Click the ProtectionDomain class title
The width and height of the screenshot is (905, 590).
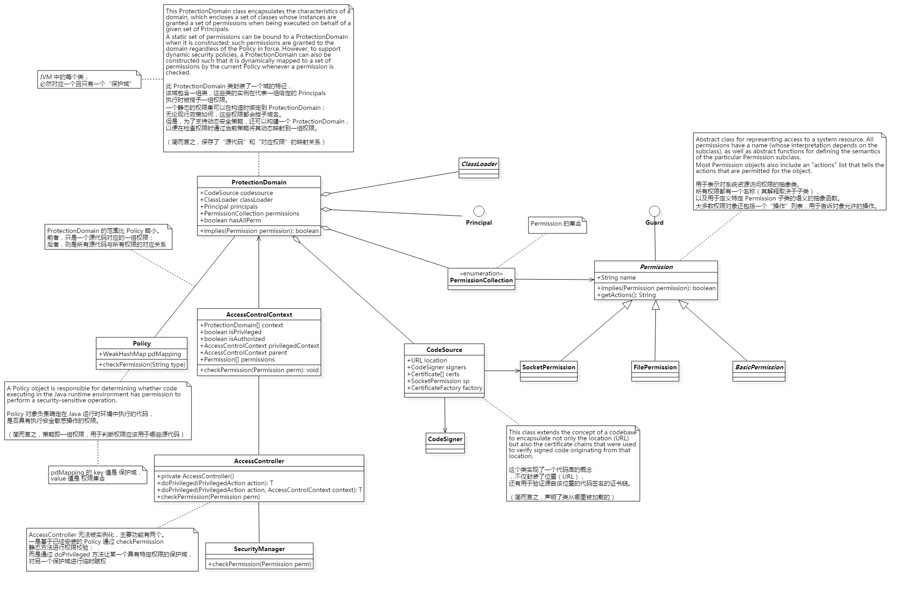[259, 182]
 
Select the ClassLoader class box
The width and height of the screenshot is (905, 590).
[479, 168]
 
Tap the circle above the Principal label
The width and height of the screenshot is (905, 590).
[479, 211]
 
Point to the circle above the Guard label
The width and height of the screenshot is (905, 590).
[654, 211]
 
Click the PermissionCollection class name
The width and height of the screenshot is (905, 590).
[481, 281]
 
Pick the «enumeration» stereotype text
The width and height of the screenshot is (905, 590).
[481, 273]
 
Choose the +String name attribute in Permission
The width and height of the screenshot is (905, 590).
[616, 277]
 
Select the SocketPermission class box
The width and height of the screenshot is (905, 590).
[549, 371]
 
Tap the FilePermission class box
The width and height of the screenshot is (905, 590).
[655, 371]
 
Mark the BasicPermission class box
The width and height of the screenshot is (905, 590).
[759, 371]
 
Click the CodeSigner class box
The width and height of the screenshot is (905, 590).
[445, 443]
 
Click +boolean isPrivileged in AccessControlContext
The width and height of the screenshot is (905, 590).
[233, 332]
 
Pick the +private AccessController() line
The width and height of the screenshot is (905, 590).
[196, 476]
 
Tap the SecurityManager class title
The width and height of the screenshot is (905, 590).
[259, 549]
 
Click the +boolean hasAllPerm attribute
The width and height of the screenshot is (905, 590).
[230, 220]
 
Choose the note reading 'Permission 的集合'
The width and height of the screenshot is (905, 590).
[556, 224]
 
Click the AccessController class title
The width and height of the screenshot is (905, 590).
[259, 461]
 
